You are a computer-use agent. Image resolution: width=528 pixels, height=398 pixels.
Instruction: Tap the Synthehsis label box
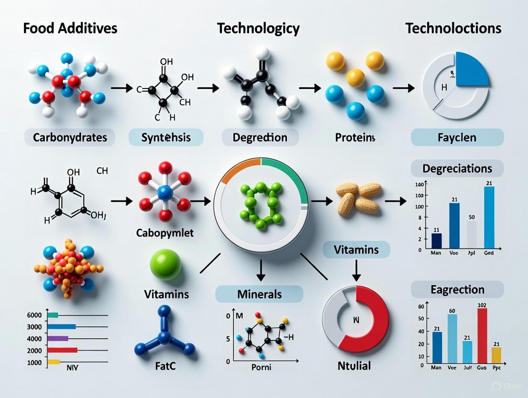[x=166, y=138]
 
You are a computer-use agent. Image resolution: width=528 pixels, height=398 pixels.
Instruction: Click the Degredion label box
[x=260, y=138]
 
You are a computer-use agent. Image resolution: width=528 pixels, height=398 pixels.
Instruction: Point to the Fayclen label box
[x=457, y=138]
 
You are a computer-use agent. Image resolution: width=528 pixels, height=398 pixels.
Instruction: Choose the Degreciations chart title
[x=457, y=168]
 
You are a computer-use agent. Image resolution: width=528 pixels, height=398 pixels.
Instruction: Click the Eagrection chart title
[x=457, y=289]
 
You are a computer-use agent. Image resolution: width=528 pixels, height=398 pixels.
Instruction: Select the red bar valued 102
[x=482, y=335]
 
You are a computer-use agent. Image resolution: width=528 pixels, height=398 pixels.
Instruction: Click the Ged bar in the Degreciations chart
[x=489, y=218]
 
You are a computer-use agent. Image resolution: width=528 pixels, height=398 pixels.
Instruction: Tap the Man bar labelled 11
[x=436, y=241]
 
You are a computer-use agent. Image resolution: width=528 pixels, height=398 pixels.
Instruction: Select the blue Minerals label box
[x=259, y=293]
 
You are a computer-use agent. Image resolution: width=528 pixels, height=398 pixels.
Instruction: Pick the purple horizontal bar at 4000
[x=58, y=338]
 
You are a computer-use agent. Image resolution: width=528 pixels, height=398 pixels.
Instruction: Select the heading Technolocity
[x=258, y=28]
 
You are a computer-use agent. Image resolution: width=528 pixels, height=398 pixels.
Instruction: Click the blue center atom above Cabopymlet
[x=165, y=193]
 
